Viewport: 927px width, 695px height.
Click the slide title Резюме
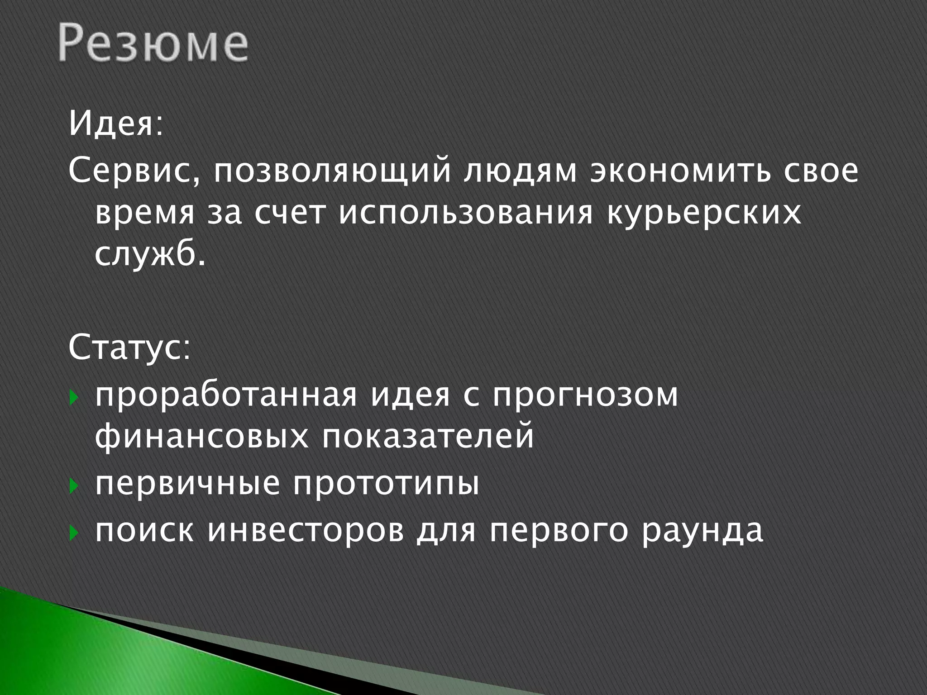pos(153,44)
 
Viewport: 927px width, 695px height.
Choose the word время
pos(145,214)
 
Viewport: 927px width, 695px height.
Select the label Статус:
pos(129,349)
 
